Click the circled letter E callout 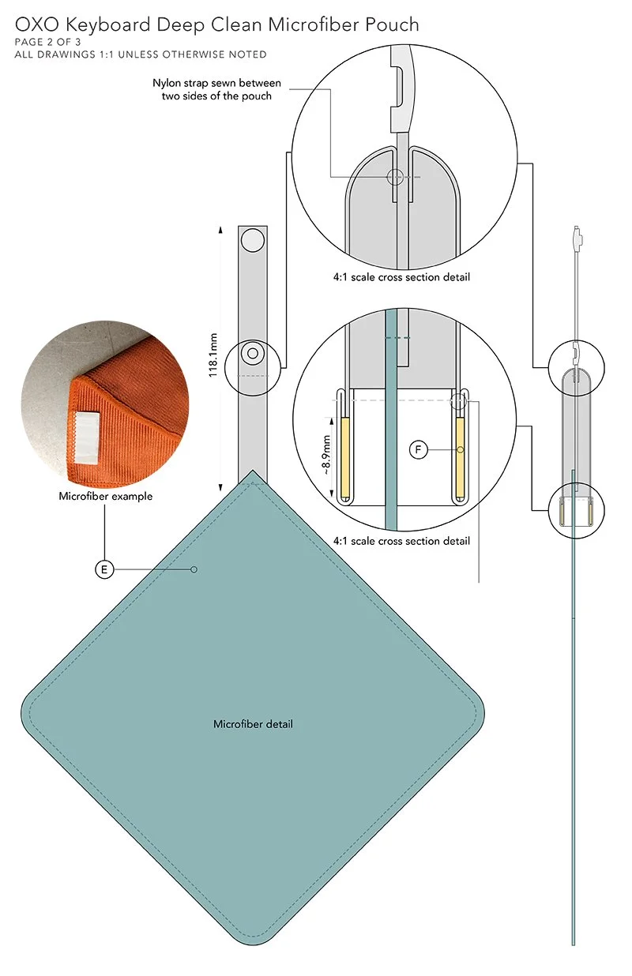[x=104, y=569]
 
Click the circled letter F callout [x=419, y=449]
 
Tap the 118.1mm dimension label [x=213, y=355]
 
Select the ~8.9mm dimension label [x=325, y=456]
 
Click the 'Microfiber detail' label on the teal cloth [x=253, y=724]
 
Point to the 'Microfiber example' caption [x=106, y=496]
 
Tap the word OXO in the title [x=37, y=24]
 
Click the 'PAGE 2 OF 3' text [x=47, y=43]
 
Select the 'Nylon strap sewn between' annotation [x=216, y=83]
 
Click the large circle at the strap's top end [x=253, y=241]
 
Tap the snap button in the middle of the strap [x=253, y=353]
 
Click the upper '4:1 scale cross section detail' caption [x=401, y=277]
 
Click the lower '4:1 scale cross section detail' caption [x=401, y=541]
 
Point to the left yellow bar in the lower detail [x=344, y=458]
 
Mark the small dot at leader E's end [x=194, y=569]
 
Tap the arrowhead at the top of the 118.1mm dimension [x=220, y=230]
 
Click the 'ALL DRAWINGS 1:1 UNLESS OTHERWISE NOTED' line [x=141, y=54]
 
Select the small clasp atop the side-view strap [x=576, y=238]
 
